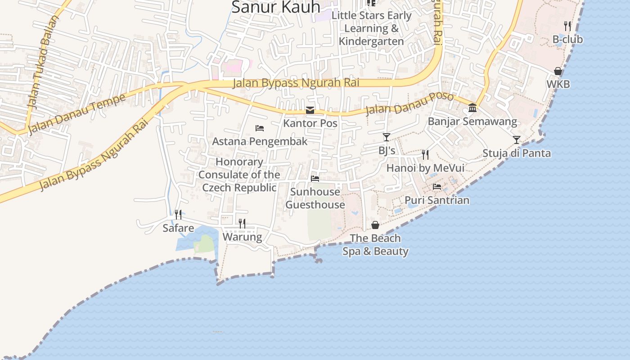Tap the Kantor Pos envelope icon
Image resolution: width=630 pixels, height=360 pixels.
pos(310,110)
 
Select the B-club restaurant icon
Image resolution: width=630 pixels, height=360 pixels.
pos(567,26)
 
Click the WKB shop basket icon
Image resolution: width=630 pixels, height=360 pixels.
pos(558,71)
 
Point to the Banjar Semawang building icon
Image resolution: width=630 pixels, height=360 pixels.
pos(472,108)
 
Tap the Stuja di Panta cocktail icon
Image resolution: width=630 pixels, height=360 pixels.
pos(517,140)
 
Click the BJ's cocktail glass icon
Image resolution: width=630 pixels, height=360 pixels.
pos(387,137)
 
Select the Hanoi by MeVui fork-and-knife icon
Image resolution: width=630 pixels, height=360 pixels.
pos(425,155)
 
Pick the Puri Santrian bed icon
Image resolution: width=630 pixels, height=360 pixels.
pos(437,187)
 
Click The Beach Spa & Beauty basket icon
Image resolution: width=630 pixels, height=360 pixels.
pos(375,225)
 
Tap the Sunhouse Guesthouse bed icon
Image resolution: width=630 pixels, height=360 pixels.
pos(315,179)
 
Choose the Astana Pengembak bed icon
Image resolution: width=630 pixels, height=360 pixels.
pos(260,128)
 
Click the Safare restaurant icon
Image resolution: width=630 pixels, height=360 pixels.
pos(178,215)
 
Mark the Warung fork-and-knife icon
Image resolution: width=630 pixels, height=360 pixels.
pos(242,224)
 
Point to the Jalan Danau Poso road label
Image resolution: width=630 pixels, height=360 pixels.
pos(409,103)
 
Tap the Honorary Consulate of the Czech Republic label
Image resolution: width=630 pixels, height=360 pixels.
pos(239,175)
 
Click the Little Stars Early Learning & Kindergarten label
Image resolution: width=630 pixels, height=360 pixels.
pos(371,28)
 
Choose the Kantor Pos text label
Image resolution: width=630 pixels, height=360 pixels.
pos(310,123)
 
